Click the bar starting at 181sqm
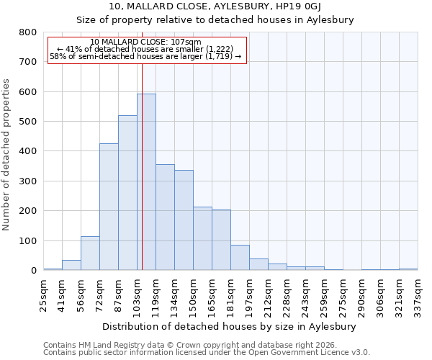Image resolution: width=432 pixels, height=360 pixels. point(240,258)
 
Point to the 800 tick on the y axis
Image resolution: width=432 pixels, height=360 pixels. point(27,32)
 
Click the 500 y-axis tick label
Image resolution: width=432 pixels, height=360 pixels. point(27,122)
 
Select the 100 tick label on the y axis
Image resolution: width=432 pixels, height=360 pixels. point(27,241)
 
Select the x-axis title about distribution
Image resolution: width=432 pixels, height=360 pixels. point(230,326)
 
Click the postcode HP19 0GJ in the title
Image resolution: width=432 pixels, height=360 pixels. point(323,7)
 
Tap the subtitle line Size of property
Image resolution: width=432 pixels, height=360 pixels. point(215,20)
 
